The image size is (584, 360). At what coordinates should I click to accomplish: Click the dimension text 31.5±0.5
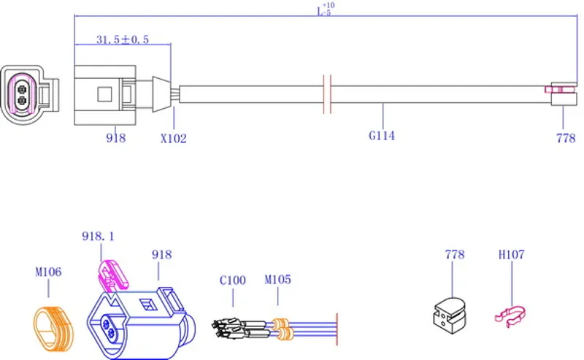click(x=123, y=39)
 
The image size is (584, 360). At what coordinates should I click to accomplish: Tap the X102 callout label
click(x=173, y=137)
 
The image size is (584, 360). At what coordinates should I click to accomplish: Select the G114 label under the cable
click(x=381, y=135)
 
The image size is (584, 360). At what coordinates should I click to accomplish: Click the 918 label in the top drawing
click(x=115, y=137)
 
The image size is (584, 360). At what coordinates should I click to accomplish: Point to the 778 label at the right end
click(x=566, y=137)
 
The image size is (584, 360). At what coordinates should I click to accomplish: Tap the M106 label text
click(x=48, y=272)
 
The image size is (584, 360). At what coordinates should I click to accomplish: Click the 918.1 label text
click(x=99, y=236)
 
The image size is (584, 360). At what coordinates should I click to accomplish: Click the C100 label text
click(x=233, y=279)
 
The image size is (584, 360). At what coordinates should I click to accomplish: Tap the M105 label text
click(x=277, y=279)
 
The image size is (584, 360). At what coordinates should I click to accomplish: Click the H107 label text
click(x=511, y=255)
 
